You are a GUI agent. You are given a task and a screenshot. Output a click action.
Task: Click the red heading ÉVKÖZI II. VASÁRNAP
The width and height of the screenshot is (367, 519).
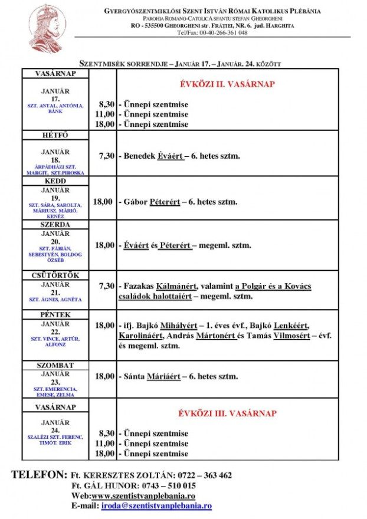[227, 84]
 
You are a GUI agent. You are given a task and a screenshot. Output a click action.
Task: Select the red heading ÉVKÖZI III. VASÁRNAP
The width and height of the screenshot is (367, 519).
[227, 413]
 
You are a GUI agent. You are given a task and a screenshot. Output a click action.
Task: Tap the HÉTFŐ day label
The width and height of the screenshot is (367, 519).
[55, 136]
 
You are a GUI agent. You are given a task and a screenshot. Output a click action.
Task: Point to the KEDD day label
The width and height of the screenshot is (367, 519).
[55, 182]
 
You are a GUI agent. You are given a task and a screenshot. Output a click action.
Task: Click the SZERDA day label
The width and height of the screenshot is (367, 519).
[55, 225]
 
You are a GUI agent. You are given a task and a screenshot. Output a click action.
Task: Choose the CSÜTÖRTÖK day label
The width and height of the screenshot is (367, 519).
[55, 275]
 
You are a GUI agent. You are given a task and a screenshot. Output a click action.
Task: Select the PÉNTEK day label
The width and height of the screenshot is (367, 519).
[55, 315]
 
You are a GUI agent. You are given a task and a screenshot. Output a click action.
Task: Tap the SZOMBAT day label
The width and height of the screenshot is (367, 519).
[55, 366]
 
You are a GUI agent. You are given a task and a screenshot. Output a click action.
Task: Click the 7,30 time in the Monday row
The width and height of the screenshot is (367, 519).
[106, 156]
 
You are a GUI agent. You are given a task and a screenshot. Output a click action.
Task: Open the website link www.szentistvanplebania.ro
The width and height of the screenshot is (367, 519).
[143, 496]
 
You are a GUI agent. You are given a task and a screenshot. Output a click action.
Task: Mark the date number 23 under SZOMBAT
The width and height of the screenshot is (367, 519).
[55, 382]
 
